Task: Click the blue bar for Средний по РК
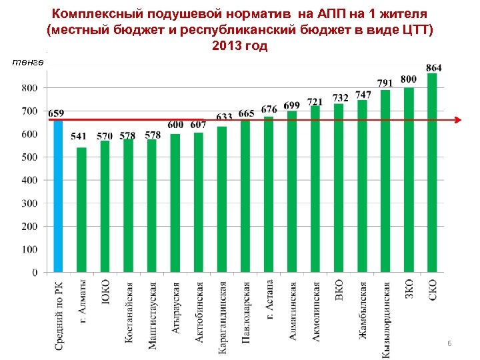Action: [58, 196]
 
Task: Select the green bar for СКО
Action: [432, 173]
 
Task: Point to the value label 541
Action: [79, 137]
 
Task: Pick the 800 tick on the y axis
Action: [29, 88]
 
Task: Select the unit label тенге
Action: [28, 62]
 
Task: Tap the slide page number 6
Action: [449, 343]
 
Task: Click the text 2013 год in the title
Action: [239, 46]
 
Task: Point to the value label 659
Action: [57, 113]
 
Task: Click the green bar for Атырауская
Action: [175, 203]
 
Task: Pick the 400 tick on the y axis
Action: [29, 180]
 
